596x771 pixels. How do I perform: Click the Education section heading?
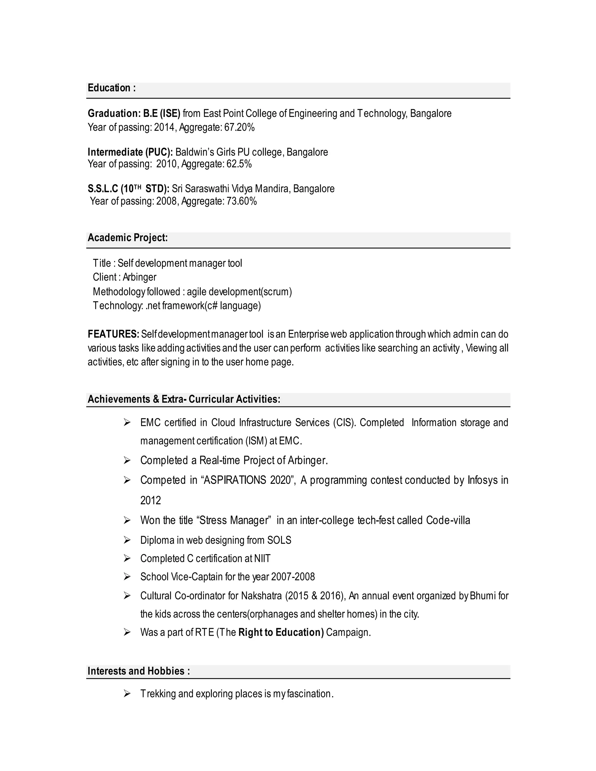click(x=111, y=88)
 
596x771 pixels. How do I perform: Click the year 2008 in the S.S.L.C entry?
click(x=166, y=201)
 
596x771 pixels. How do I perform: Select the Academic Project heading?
click(x=127, y=238)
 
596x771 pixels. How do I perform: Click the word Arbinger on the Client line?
click(x=139, y=277)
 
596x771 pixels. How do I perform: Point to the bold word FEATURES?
click(x=113, y=334)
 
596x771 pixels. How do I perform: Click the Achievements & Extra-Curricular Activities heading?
click(x=184, y=399)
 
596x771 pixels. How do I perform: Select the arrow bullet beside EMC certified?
click(x=127, y=422)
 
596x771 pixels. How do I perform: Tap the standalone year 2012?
click(x=150, y=501)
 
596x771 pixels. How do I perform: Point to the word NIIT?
click(x=262, y=559)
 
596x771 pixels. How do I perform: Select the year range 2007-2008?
click(x=293, y=577)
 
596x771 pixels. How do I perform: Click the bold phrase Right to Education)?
click(x=281, y=632)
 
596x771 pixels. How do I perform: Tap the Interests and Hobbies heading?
click(x=139, y=671)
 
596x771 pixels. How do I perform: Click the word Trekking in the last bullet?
click(x=158, y=694)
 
